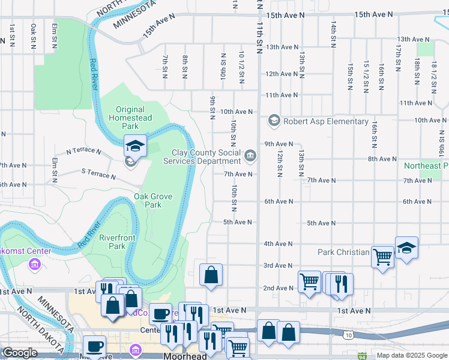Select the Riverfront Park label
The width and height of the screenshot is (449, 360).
[x=112, y=242]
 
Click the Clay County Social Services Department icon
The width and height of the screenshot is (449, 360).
[x=250, y=157]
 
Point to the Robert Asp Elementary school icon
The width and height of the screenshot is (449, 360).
[x=274, y=121]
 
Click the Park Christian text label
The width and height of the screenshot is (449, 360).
[x=343, y=252]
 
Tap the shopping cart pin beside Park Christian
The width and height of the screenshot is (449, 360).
[x=382, y=257]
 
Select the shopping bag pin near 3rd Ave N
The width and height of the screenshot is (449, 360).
[x=211, y=275]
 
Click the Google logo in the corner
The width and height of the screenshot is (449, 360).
[x=20, y=353]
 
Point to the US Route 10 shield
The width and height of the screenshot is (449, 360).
[x=349, y=335]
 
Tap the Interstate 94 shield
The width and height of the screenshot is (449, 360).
[x=362, y=356]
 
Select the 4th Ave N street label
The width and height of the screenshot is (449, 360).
[x=278, y=244]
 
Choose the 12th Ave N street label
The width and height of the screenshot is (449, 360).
[x=282, y=74]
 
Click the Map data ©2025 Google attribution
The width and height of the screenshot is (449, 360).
[x=411, y=355]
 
